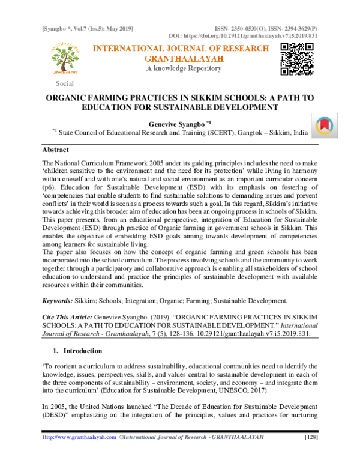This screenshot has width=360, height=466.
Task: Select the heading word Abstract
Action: coord(55,149)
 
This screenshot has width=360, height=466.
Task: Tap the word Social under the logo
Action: coord(65,83)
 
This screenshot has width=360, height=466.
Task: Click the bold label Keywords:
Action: coord(58,300)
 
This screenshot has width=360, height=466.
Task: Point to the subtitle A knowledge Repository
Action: coord(181,69)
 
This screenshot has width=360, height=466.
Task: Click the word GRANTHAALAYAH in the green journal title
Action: coord(180,59)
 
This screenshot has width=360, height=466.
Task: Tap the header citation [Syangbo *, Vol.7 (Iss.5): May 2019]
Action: coord(86,29)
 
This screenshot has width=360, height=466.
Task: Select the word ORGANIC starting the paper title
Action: coord(67,98)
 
